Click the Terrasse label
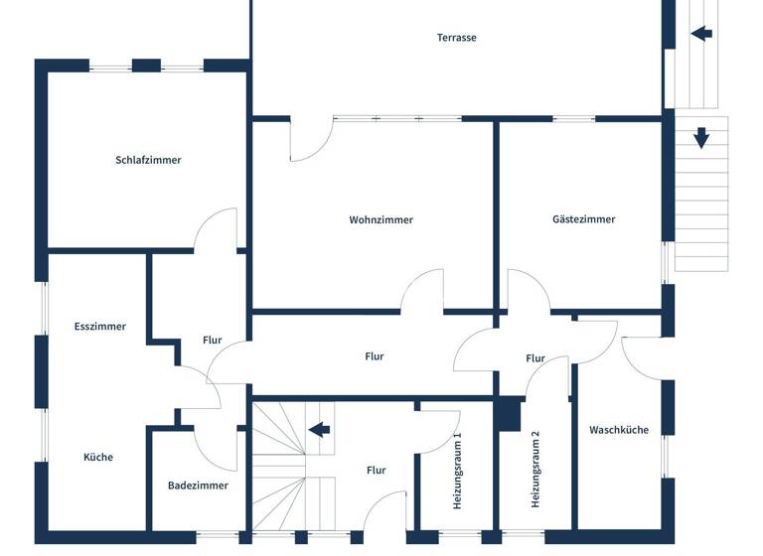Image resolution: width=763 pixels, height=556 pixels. pos(457,38)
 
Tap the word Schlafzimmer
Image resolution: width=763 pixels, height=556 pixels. pos(148,160)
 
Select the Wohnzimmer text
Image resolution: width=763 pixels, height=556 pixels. pos(381,220)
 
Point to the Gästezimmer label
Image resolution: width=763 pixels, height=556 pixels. pos(584,219)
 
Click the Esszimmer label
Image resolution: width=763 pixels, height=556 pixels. pos(99,327)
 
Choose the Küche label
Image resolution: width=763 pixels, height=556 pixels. pos(97,458)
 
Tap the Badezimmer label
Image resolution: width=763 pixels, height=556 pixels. pos(198,486)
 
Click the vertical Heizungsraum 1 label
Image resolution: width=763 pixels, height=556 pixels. pos(457,472)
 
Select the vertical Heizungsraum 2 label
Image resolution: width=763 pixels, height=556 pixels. pos(534,470)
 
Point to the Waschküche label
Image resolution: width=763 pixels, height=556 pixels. pos(619,430)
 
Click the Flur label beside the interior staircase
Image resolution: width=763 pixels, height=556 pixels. pos(376,471)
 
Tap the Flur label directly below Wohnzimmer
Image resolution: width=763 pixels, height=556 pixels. pos(374,356)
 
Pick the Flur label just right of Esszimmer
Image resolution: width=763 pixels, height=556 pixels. pos(212,341)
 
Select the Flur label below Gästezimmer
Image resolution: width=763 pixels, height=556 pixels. pos(535,358)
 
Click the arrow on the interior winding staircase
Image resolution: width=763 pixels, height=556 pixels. pos(319,430)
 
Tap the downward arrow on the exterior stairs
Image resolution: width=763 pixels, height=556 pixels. pos(701,138)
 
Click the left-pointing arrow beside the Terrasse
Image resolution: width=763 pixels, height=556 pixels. pos(701,33)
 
